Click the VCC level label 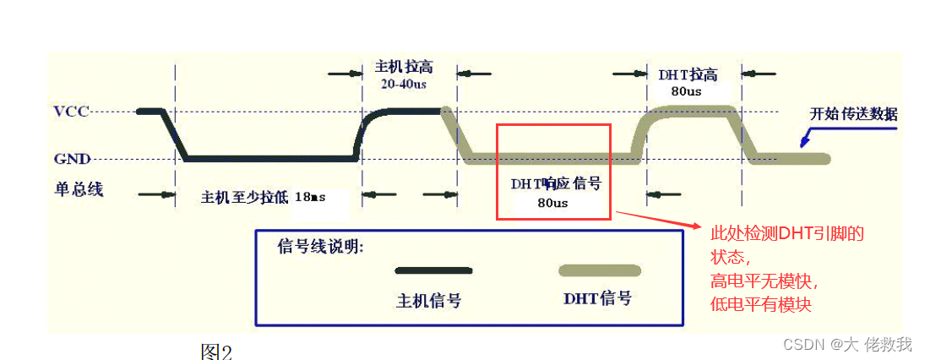[71, 112]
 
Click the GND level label [72, 158]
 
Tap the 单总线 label [79, 189]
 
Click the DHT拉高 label [688, 74]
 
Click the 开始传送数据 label [853, 114]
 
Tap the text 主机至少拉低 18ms [263, 198]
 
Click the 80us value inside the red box [552, 203]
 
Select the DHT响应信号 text [552, 183]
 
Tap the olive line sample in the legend [599, 270]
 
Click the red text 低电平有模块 [761, 304]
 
